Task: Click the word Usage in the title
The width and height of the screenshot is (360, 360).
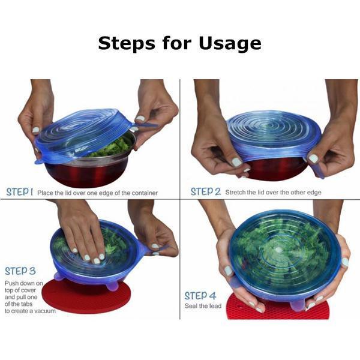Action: click(x=230, y=44)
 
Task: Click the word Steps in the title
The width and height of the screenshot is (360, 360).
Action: click(x=127, y=44)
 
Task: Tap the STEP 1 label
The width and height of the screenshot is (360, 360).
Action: click(x=20, y=192)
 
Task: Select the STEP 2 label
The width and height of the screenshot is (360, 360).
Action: click(x=205, y=191)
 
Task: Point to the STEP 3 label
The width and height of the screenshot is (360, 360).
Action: click(x=20, y=271)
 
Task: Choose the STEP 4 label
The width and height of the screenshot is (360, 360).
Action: click(x=200, y=295)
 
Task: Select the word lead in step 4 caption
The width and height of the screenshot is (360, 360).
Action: click(x=215, y=306)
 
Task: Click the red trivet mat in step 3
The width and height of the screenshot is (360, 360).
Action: click(x=86, y=296)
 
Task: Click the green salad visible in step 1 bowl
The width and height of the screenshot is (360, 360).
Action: click(x=113, y=147)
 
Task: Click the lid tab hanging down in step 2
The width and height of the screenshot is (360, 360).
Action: click(x=319, y=170)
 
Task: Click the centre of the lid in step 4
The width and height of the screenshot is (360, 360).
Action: click(x=278, y=250)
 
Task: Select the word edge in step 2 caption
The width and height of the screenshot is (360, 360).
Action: click(x=314, y=193)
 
